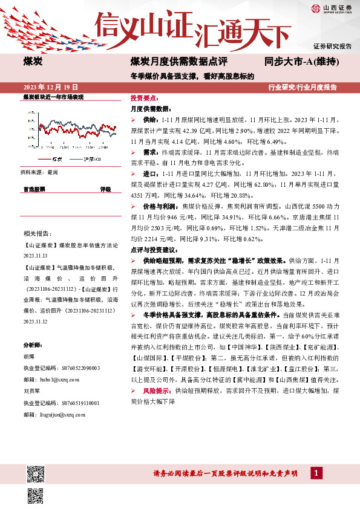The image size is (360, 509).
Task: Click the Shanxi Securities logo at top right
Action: pyautogui.click(x=332, y=8)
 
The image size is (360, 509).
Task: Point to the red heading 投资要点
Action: pyautogui.click(x=144, y=97)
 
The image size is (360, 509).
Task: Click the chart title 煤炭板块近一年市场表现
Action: pyautogui.click(x=53, y=97)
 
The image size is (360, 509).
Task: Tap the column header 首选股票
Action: pyautogui.click(x=34, y=189)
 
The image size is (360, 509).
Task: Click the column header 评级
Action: pyautogui.click(x=106, y=189)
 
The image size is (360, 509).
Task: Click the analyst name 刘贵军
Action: pyautogui.click(x=32, y=391)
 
